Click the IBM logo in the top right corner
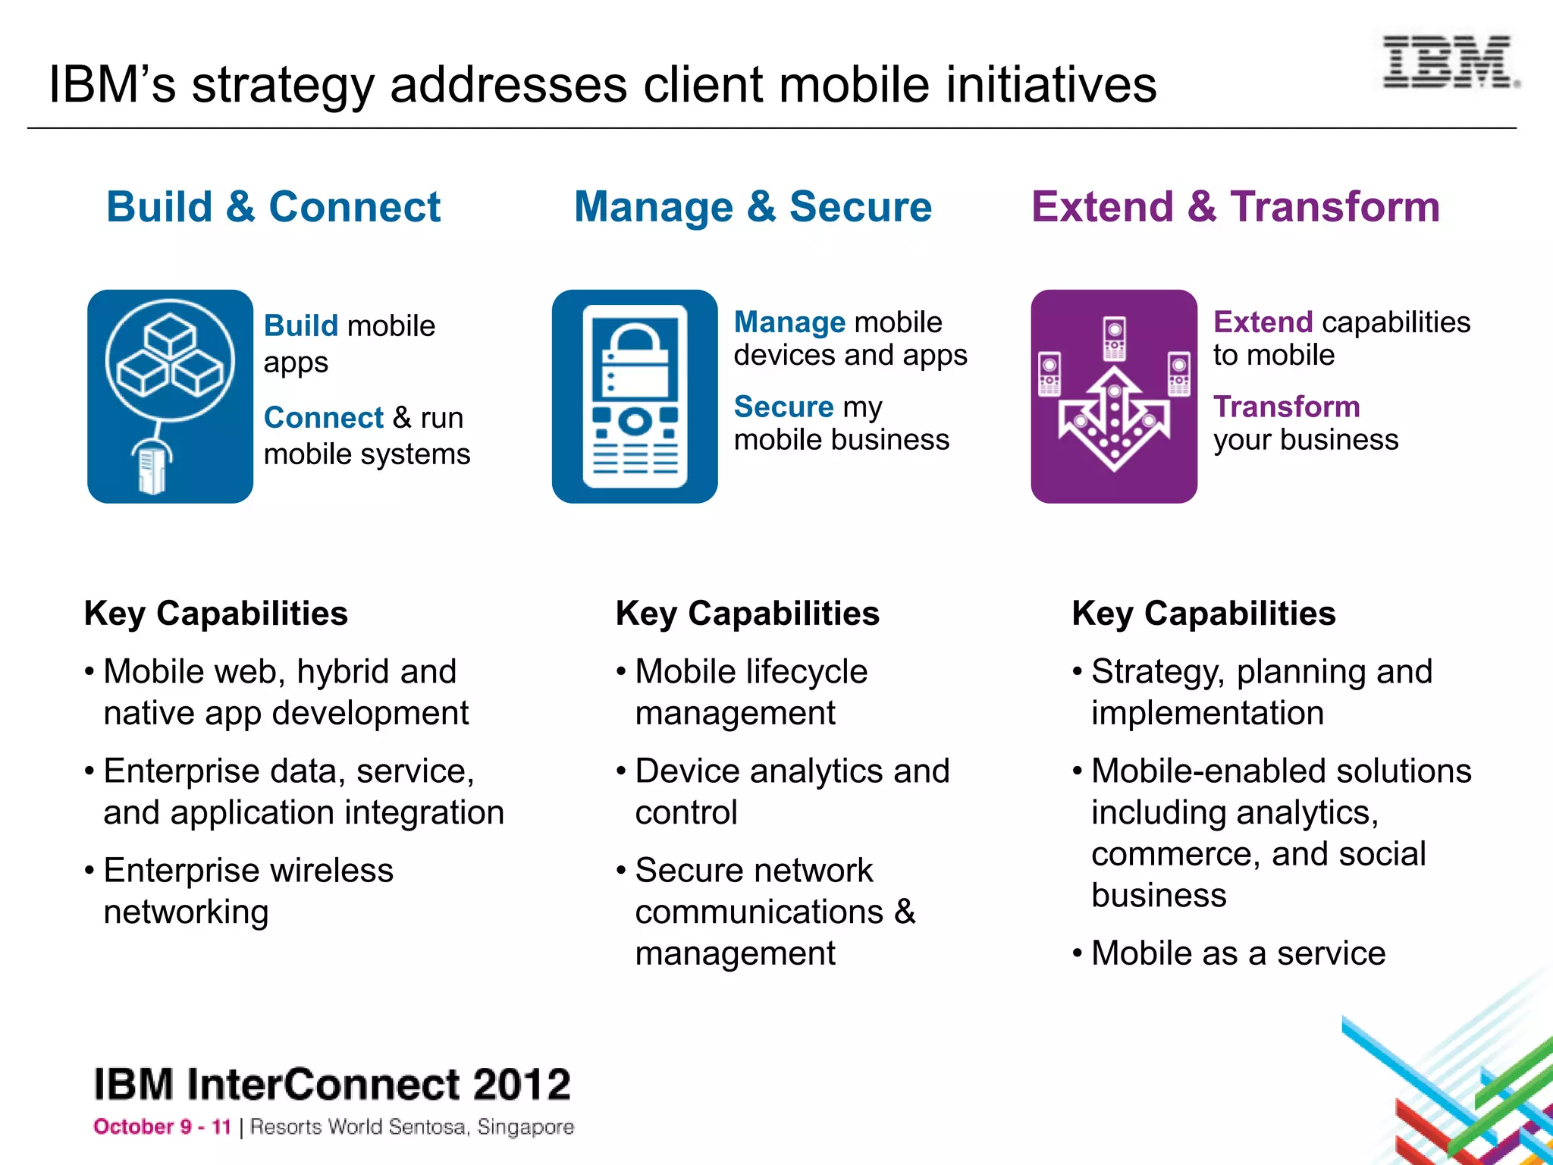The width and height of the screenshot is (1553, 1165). point(1449,62)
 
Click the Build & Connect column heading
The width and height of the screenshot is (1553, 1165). point(273,207)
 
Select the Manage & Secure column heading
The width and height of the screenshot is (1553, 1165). point(752,207)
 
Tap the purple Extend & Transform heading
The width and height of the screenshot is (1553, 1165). point(1235,207)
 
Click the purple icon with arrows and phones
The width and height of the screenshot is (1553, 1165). point(1113,396)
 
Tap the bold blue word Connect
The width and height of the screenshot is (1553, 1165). point(324,418)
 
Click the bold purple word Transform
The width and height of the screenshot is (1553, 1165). point(1286,407)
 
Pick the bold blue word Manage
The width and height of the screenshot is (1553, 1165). point(789,322)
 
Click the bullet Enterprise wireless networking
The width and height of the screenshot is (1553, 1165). point(248,890)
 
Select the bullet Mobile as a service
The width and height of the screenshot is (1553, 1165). point(1238,953)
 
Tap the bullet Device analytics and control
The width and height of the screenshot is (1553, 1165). point(792,791)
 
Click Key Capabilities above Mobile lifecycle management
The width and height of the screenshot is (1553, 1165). point(747,614)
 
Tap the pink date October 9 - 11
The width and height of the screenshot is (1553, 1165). point(162,1127)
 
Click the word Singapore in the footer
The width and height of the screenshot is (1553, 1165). point(526,1128)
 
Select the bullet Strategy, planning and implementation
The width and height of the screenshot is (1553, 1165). point(1261,692)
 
